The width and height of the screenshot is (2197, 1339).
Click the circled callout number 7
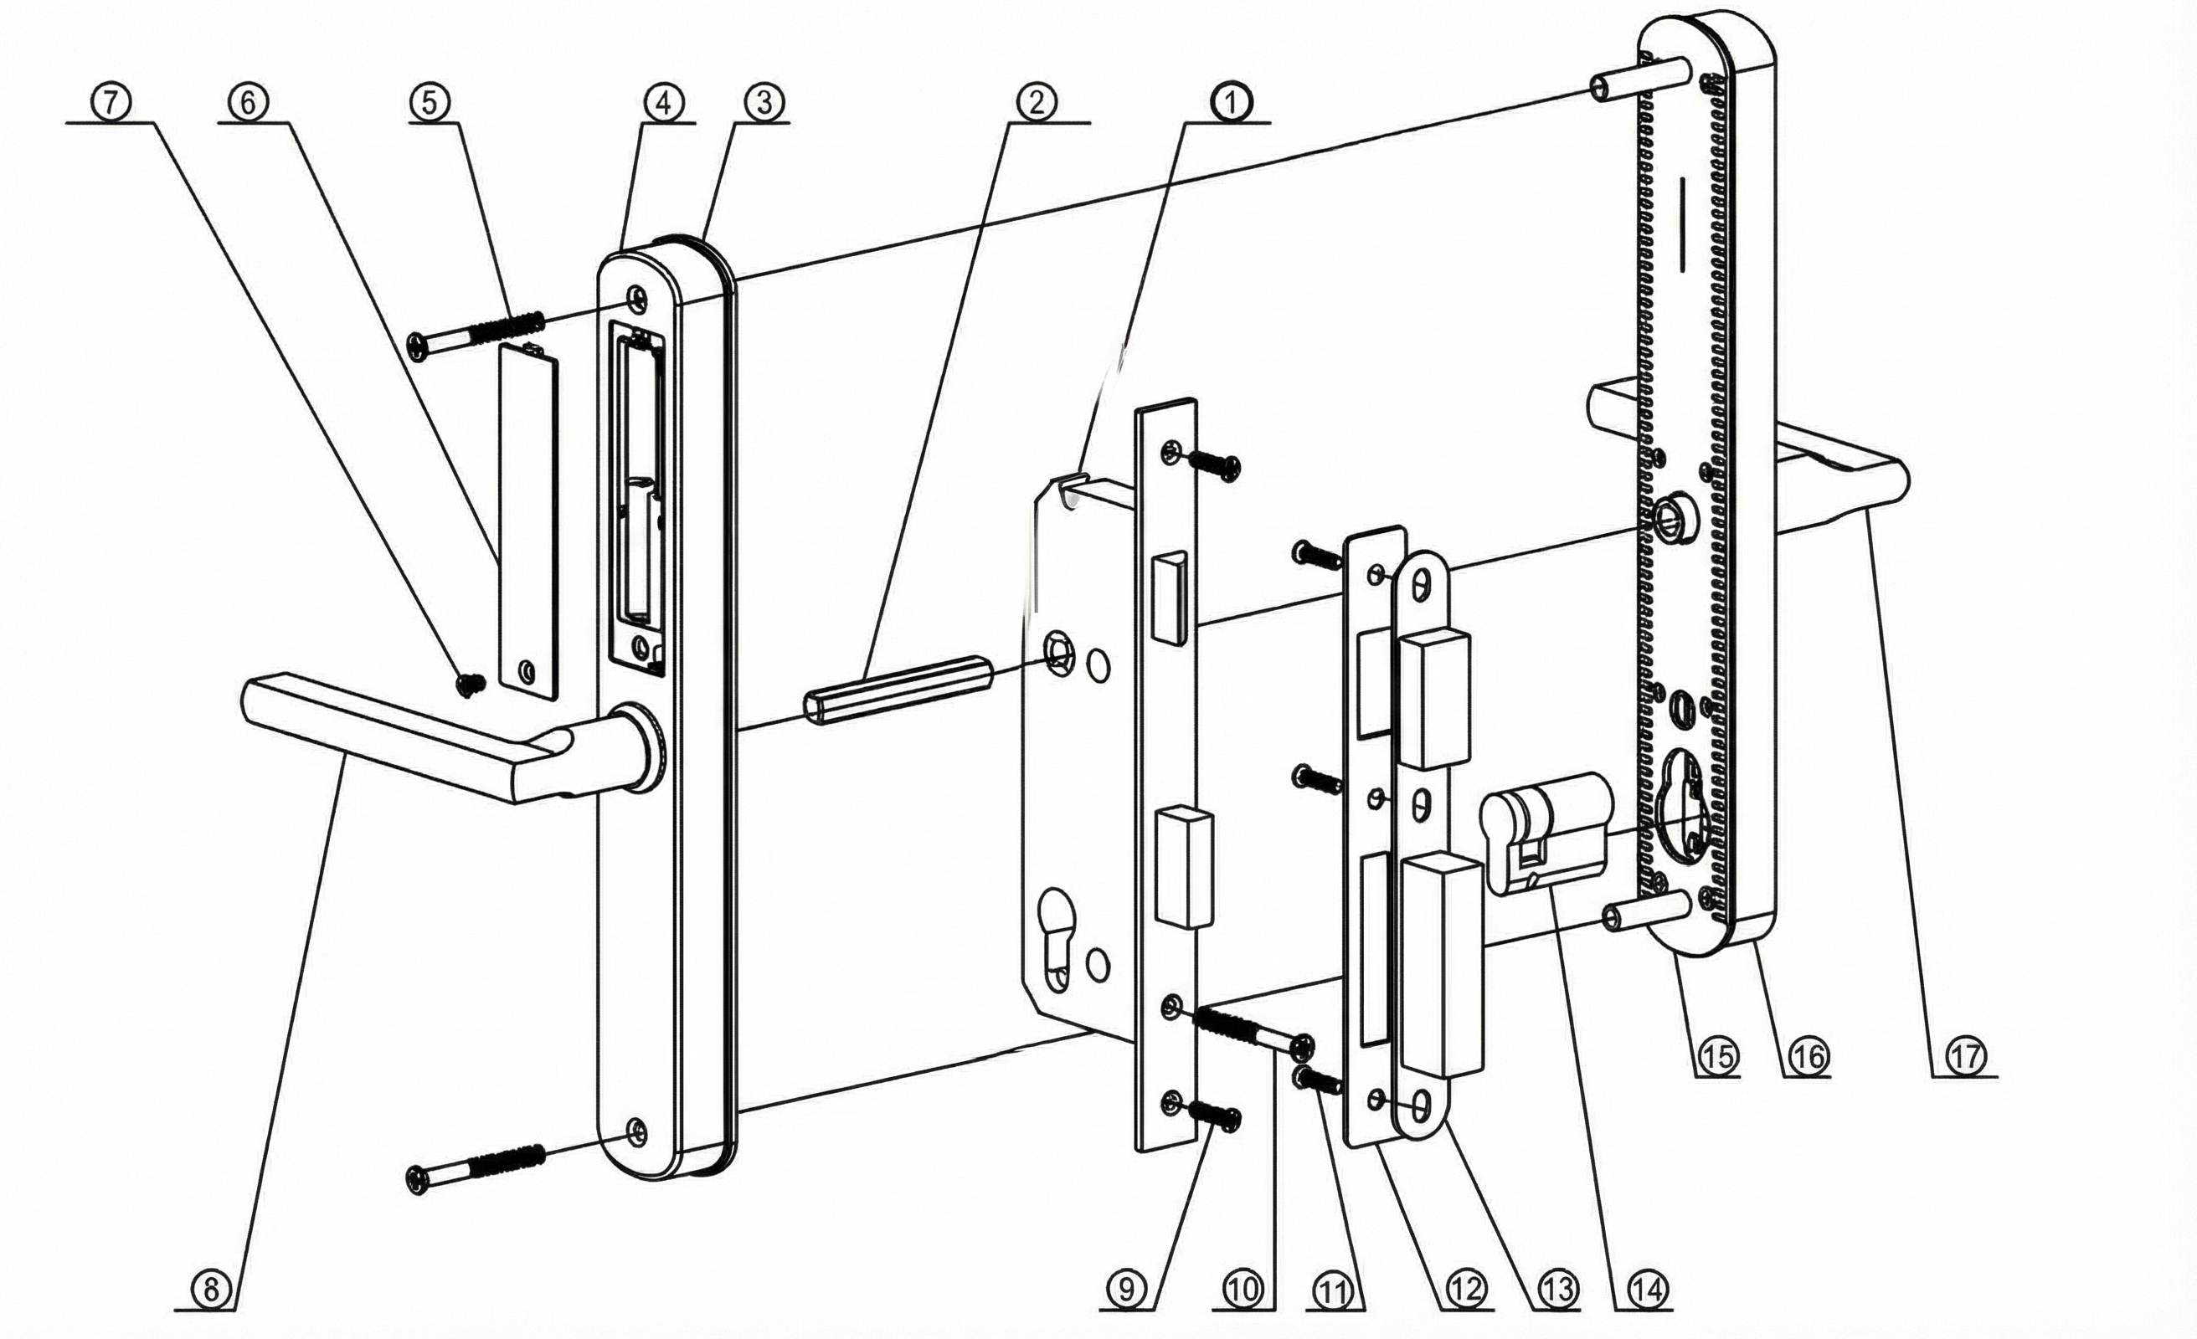click(110, 103)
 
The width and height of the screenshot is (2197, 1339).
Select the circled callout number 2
click(1035, 103)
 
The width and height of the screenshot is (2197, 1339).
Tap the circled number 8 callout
click(210, 1290)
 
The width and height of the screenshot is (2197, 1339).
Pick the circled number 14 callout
click(1648, 1289)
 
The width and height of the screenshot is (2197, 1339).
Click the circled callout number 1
click(1231, 103)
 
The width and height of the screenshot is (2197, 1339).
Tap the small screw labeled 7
click(470, 684)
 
